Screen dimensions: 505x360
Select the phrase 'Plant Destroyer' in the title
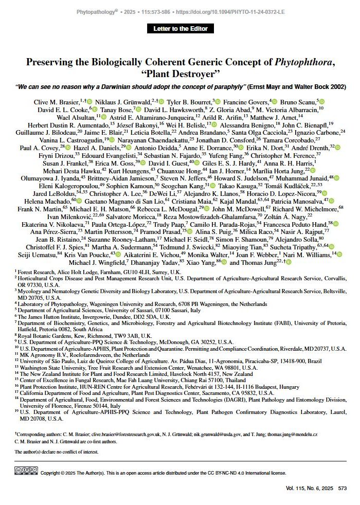coord(179,75)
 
